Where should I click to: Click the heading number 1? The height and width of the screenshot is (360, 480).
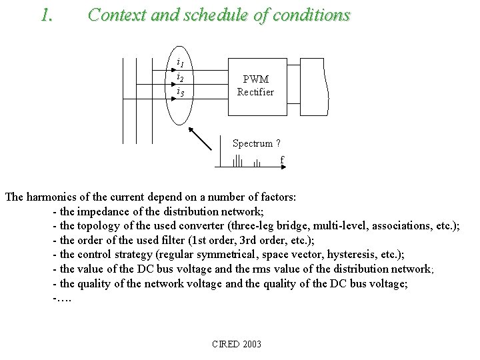(x=46, y=15)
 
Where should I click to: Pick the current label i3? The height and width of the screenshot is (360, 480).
(x=180, y=93)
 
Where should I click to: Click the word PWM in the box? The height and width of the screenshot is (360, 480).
(x=255, y=79)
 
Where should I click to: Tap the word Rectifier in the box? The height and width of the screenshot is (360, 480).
(x=255, y=92)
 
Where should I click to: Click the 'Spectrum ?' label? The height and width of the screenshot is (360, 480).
(x=256, y=143)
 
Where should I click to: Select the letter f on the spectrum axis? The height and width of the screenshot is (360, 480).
(x=282, y=160)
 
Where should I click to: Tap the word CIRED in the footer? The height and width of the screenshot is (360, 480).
(x=224, y=344)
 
